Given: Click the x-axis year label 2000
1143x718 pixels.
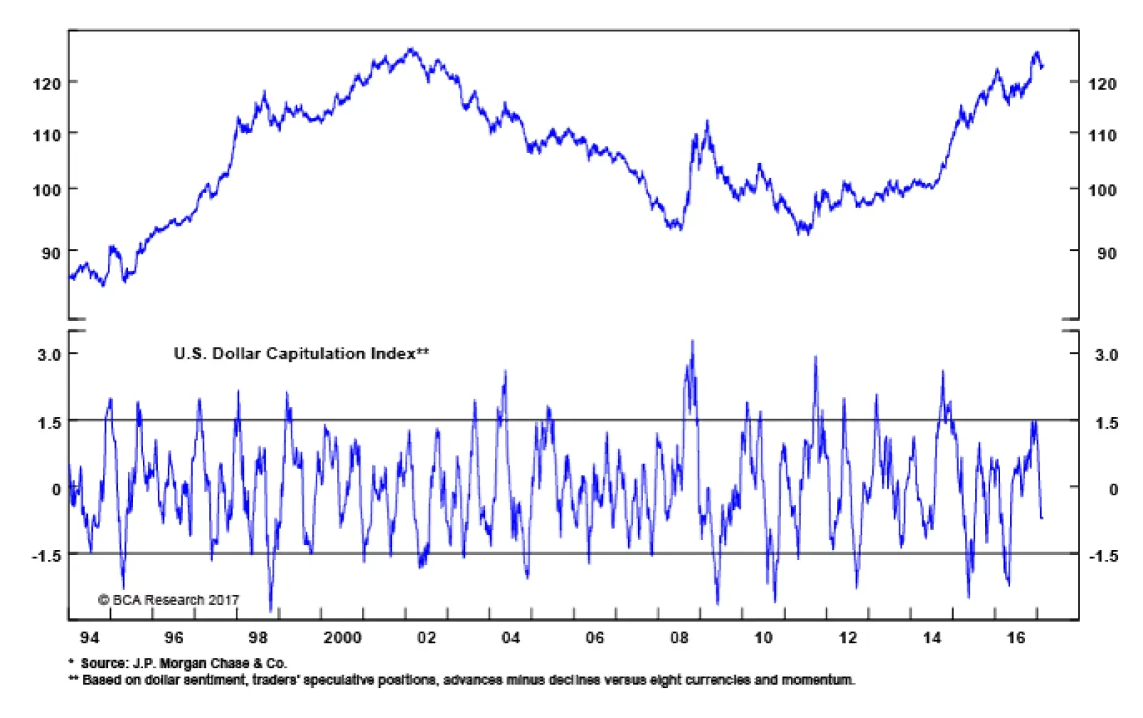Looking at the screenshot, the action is coord(342,638).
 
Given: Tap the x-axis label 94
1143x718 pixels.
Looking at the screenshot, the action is coord(89,638).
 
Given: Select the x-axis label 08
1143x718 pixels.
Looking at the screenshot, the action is coord(679,638).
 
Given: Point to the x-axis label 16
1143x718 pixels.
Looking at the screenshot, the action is coord(1016,638).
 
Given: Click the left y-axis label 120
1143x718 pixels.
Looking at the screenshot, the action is coord(46,84).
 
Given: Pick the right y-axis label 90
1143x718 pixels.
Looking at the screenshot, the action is coord(1107,254).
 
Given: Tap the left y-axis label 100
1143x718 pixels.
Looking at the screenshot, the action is coord(46,190).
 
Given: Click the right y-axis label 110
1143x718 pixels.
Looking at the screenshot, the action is coord(1102,136).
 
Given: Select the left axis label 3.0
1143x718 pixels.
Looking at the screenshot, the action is coord(49,354).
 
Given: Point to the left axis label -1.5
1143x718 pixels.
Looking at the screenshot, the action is coord(46,556).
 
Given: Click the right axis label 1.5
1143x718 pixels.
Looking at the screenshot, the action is coord(1107,423).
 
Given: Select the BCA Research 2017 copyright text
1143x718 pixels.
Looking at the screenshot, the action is coord(169,600).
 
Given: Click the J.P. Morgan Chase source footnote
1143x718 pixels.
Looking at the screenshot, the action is coord(178,664).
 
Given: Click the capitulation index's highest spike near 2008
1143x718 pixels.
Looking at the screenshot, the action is coord(692,341).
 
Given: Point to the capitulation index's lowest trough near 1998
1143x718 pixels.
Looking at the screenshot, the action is coord(271,610).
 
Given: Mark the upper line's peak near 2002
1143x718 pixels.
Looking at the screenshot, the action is coord(411,49).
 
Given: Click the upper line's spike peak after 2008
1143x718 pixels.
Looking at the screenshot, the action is coord(707,121).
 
